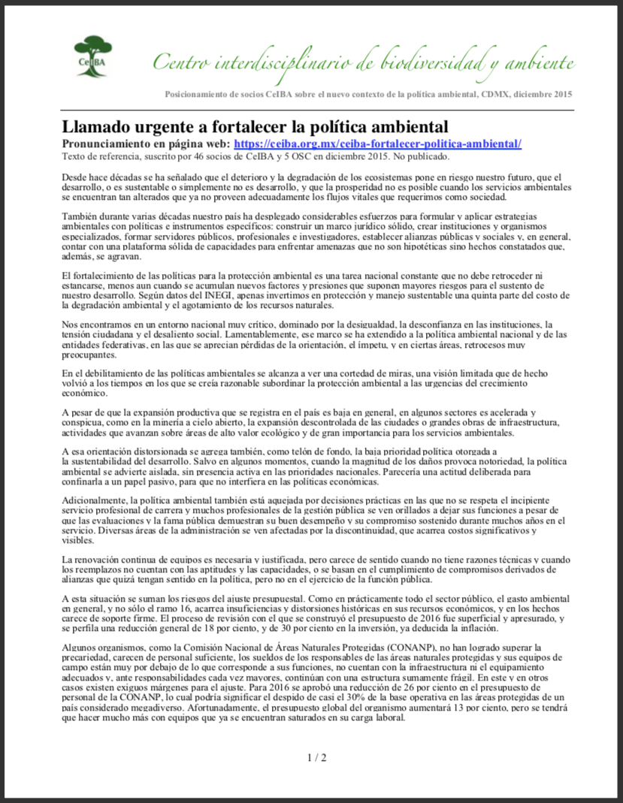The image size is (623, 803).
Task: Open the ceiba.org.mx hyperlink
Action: click(377, 143)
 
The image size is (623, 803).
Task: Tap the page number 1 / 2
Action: click(317, 757)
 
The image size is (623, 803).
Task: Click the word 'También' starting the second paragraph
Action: click(80, 218)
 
